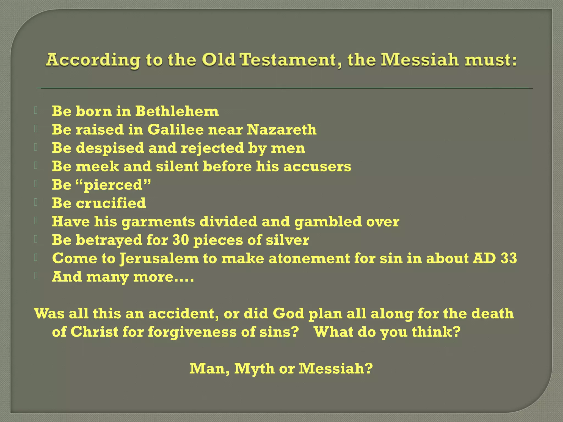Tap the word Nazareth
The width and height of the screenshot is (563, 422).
[281, 130]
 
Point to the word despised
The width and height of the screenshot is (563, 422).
[110, 148]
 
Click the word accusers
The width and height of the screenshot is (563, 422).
[317, 166]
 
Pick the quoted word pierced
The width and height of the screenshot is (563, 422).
[114, 185]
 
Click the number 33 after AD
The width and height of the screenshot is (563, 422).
[509, 258]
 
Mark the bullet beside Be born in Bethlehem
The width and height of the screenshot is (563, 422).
[36, 110]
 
